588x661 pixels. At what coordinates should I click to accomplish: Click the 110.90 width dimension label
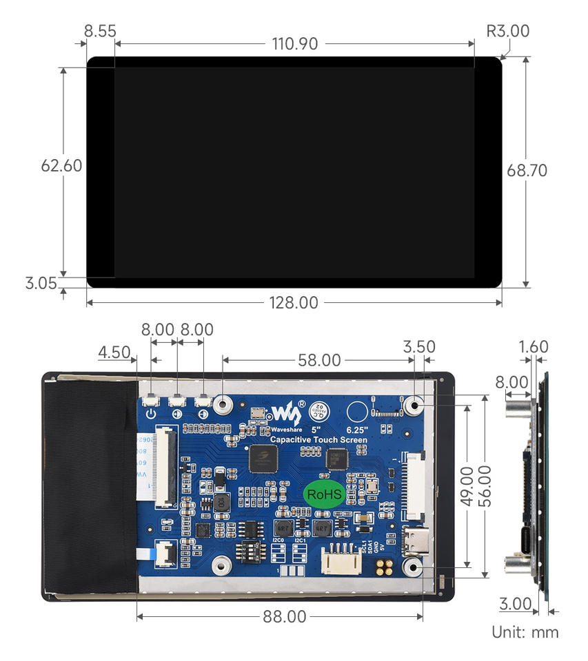[x=294, y=44]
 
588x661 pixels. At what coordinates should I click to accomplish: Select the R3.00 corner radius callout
[x=508, y=31]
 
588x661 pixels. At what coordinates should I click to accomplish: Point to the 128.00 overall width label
[x=294, y=302]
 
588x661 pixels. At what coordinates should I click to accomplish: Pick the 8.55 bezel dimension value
[x=100, y=31]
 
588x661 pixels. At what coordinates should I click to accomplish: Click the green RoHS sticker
[x=324, y=494]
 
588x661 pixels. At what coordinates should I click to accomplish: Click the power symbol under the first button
[x=151, y=415]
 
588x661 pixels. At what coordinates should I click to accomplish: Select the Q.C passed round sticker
[x=318, y=410]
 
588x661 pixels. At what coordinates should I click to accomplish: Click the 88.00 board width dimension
[x=284, y=616]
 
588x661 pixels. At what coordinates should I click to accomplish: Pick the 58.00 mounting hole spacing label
[x=318, y=359]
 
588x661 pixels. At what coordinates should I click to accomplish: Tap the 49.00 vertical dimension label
[x=466, y=485]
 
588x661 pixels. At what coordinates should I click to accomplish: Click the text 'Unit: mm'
[x=525, y=632]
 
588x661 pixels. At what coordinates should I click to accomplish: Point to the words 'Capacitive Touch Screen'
[x=318, y=439]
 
